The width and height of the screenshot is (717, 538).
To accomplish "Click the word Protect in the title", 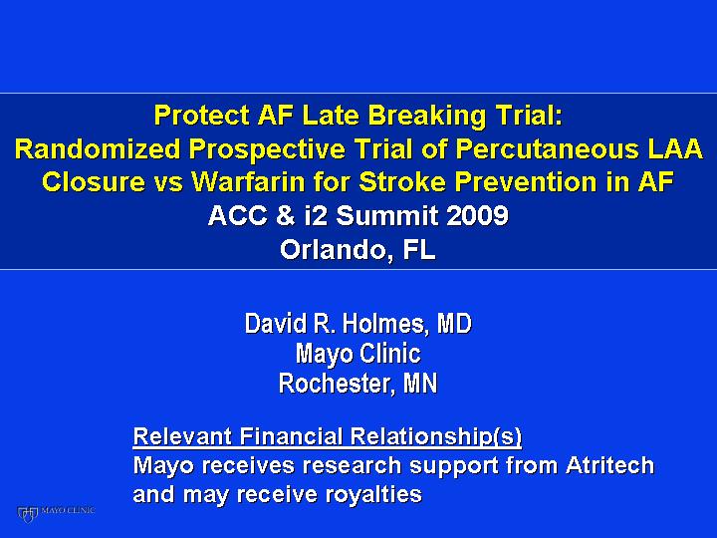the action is [x=201, y=115].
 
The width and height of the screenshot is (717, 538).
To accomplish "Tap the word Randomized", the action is [x=98, y=148].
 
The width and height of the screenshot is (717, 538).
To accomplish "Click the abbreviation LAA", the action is [x=674, y=148].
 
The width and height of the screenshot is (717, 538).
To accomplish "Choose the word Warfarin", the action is [x=248, y=182].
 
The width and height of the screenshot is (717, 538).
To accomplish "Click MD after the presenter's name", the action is [x=454, y=324].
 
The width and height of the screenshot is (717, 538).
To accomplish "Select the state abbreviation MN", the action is [x=420, y=383].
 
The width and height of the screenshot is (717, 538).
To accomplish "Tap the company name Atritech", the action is [x=610, y=465].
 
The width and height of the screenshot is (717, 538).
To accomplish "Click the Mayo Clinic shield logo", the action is [x=28, y=514].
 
